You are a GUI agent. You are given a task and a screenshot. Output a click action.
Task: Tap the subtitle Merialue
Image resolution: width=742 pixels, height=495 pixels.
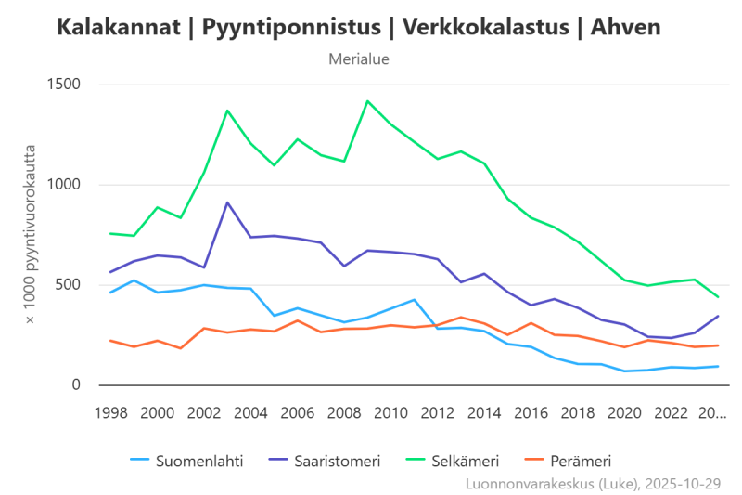[x=358, y=59]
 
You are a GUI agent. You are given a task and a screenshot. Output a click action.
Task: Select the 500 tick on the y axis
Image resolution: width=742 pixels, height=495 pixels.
[x=69, y=285]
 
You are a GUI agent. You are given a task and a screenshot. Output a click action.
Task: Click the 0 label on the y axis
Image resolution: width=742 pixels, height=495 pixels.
[x=78, y=385]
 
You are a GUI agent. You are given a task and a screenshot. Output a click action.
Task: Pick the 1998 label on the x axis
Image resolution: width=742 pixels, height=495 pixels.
[x=110, y=411]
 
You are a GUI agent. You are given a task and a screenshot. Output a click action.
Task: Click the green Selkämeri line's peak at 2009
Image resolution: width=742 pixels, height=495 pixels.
[x=367, y=100]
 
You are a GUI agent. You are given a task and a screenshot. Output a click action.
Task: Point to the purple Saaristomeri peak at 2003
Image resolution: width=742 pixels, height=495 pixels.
[x=227, y=202]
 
